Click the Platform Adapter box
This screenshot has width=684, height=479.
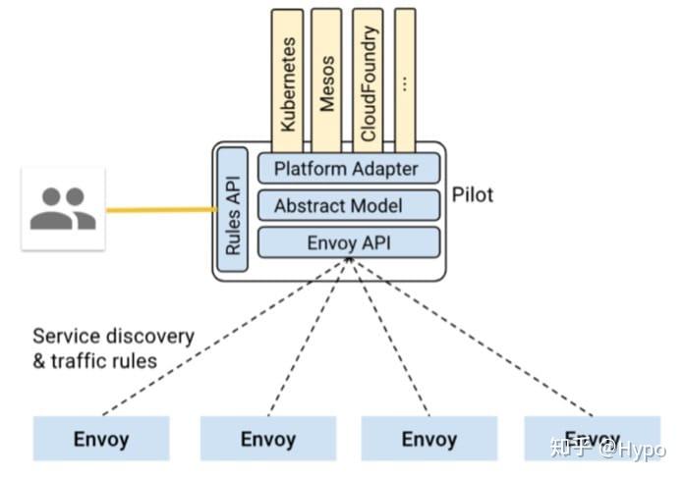[346, 169]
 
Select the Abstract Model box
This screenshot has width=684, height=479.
[346, 206]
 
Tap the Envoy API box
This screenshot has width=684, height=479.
[346, 242]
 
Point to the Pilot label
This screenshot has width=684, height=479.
[473, 194]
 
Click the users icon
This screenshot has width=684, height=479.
[63, 208]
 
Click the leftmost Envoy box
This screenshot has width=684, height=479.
[101, 439]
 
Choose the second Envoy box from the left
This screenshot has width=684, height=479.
[267, 439]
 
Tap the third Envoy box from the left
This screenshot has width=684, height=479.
[429, 439]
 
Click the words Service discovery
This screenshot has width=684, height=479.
[113, 336]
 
